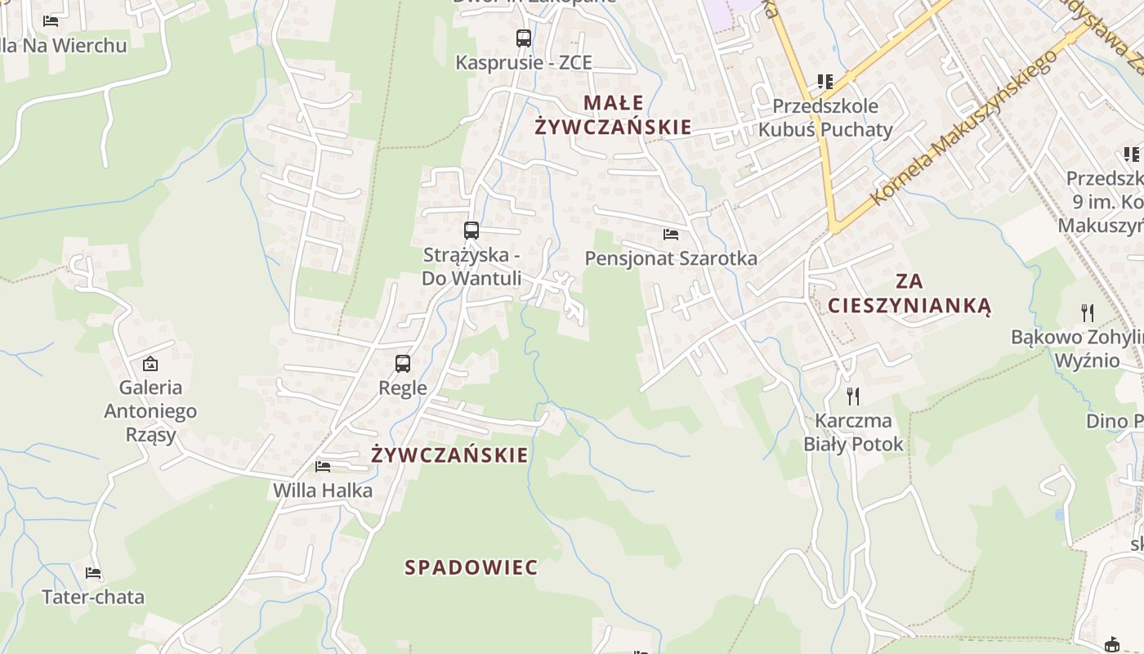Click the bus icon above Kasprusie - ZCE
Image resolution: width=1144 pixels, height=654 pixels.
point(523,38)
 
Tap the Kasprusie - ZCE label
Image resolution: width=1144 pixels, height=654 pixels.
point(523,63)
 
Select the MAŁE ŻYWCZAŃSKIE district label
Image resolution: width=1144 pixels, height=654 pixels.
point(613,115)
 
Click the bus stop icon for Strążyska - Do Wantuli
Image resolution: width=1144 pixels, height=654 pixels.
point(471,231)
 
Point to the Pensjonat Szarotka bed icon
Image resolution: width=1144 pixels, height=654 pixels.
point(671,235)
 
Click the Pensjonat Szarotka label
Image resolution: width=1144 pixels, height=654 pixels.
point(671,258)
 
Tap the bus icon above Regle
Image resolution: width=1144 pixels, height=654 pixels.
point(403,364)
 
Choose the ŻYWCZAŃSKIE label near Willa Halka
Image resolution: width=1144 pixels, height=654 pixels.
point(449,455)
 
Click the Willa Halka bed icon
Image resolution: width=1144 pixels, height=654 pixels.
point(323,467)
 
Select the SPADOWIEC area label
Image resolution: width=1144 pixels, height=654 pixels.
point(471,567)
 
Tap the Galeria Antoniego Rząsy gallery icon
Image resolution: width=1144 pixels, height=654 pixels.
point(150,364)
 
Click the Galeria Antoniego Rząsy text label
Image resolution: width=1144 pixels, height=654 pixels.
point(150,410)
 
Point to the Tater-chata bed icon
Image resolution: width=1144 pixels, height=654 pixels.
point(93,573)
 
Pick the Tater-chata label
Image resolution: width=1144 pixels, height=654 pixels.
point(93,597)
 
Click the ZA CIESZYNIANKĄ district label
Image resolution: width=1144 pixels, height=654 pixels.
point(909,293)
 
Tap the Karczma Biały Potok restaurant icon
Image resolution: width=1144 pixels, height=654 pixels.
point(853,396)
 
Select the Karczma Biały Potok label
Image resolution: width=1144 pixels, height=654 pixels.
point(853,432)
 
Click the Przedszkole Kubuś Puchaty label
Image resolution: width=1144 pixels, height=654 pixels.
point(825,118)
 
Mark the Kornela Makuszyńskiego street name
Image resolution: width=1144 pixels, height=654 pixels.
point(964,127)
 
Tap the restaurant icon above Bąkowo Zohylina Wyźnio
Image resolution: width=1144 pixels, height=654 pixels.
point(1087,312)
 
